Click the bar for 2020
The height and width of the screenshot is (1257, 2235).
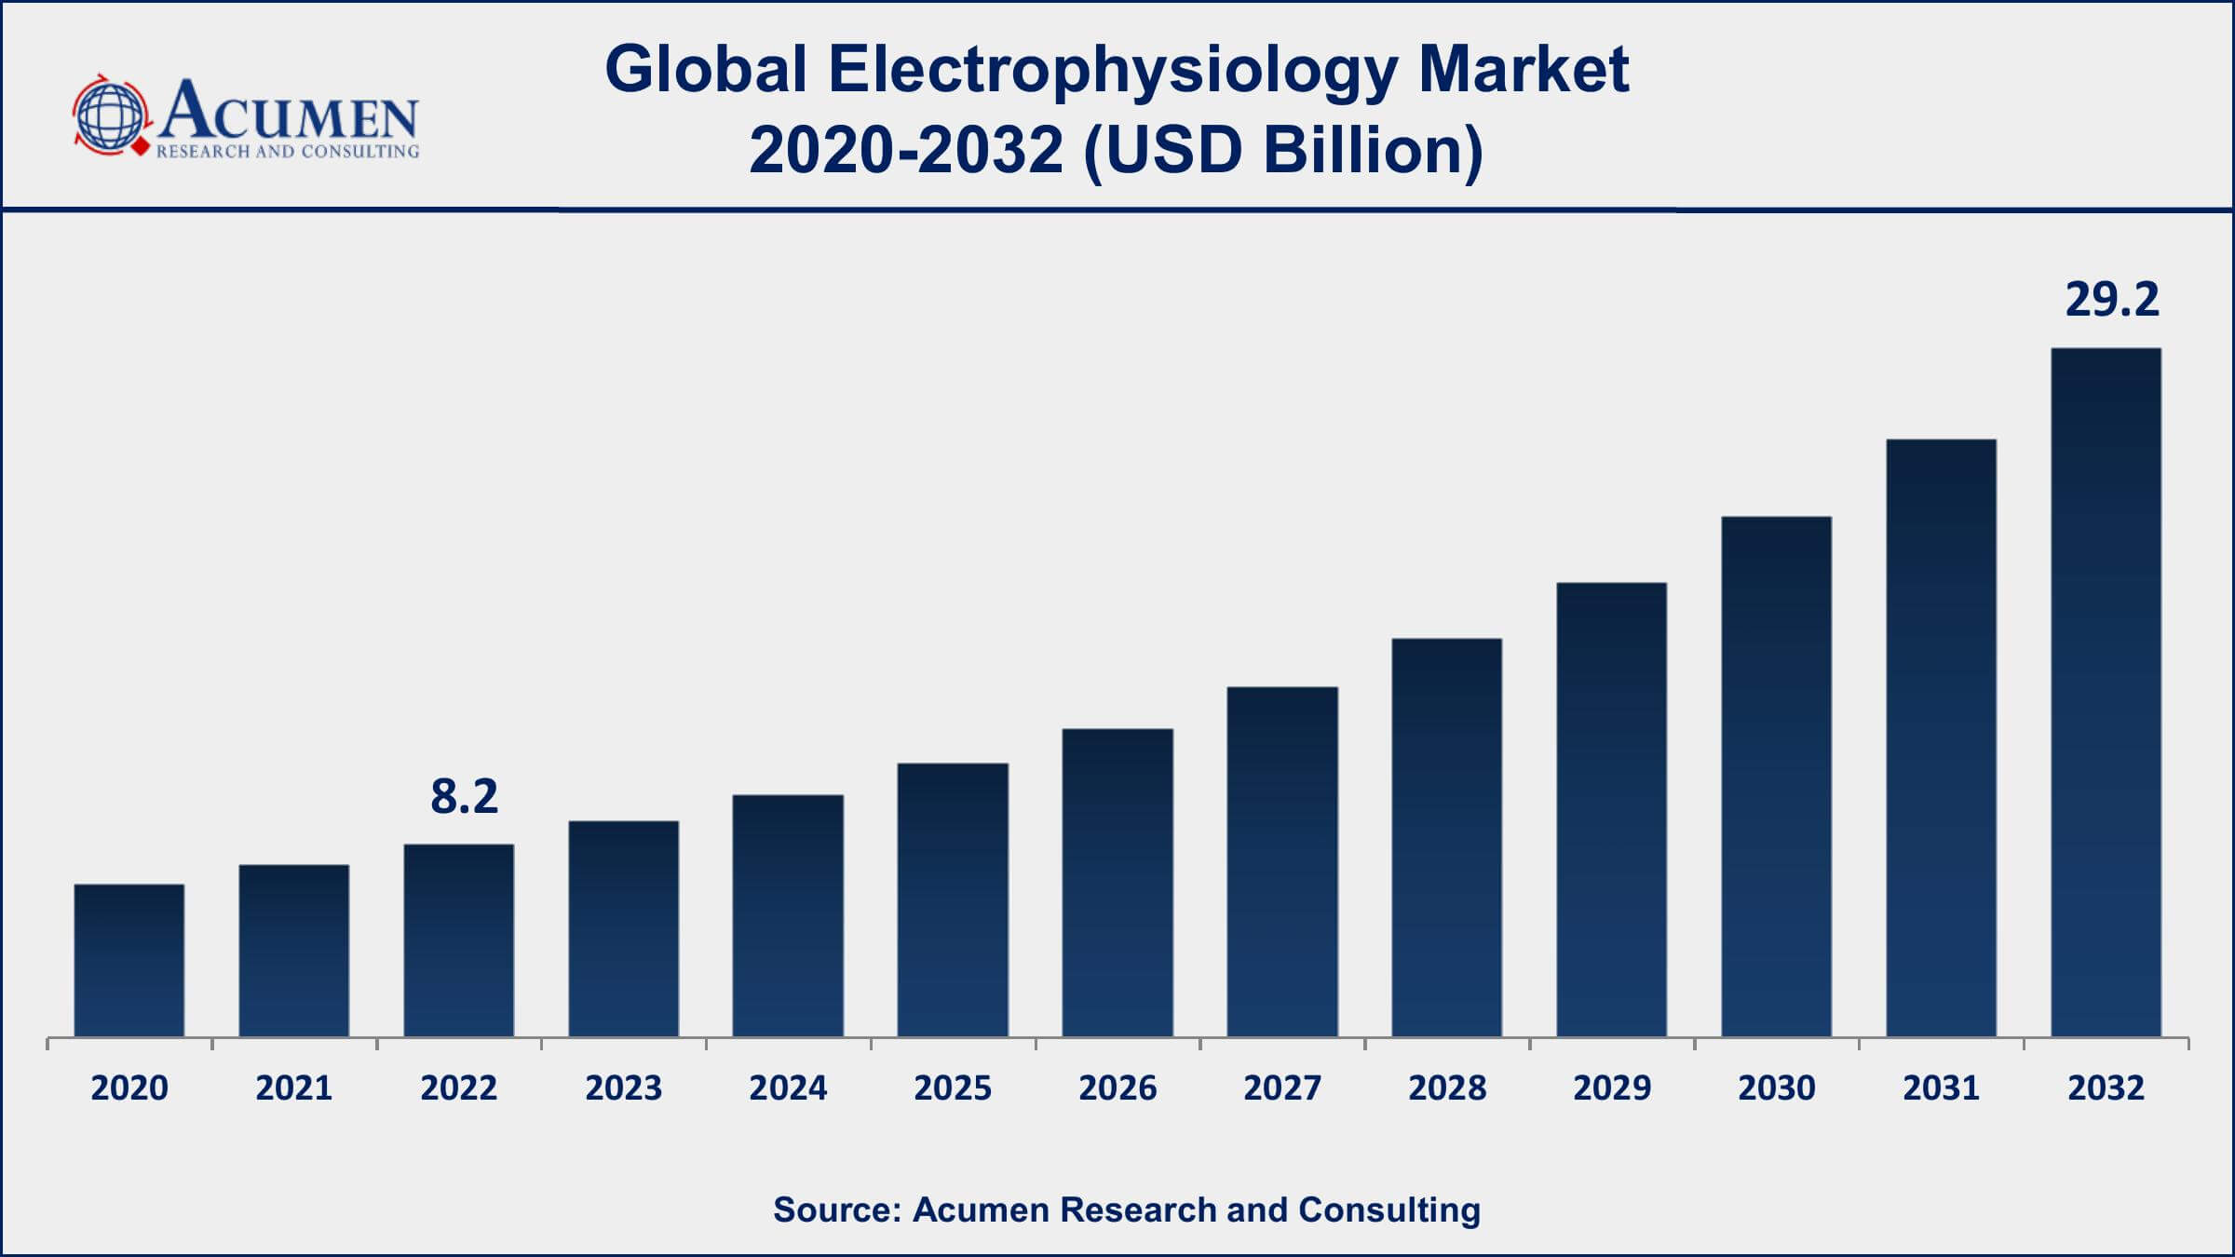click(129, 960)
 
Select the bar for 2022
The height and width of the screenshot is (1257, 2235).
click(459, 940)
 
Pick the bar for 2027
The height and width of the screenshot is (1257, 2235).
click(1282, 861)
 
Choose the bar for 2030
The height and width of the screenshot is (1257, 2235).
click(1776, 777)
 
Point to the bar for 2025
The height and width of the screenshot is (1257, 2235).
click(953, 899)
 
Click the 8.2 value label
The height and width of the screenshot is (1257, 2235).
click(464, 797)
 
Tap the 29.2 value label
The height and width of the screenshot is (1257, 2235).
click(2111, 300)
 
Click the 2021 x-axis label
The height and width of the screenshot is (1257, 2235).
click(294, 1088)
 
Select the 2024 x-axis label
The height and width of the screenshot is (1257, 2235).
click(788, 1088)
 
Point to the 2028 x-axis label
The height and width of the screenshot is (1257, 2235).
click(1447, 1088)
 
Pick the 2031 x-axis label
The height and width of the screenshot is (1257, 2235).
click(1941, 1088)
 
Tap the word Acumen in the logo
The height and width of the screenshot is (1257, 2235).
click(289, 112)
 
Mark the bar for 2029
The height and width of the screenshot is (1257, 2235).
click(1611, 809)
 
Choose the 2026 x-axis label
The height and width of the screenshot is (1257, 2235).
click(1117, 1088)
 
